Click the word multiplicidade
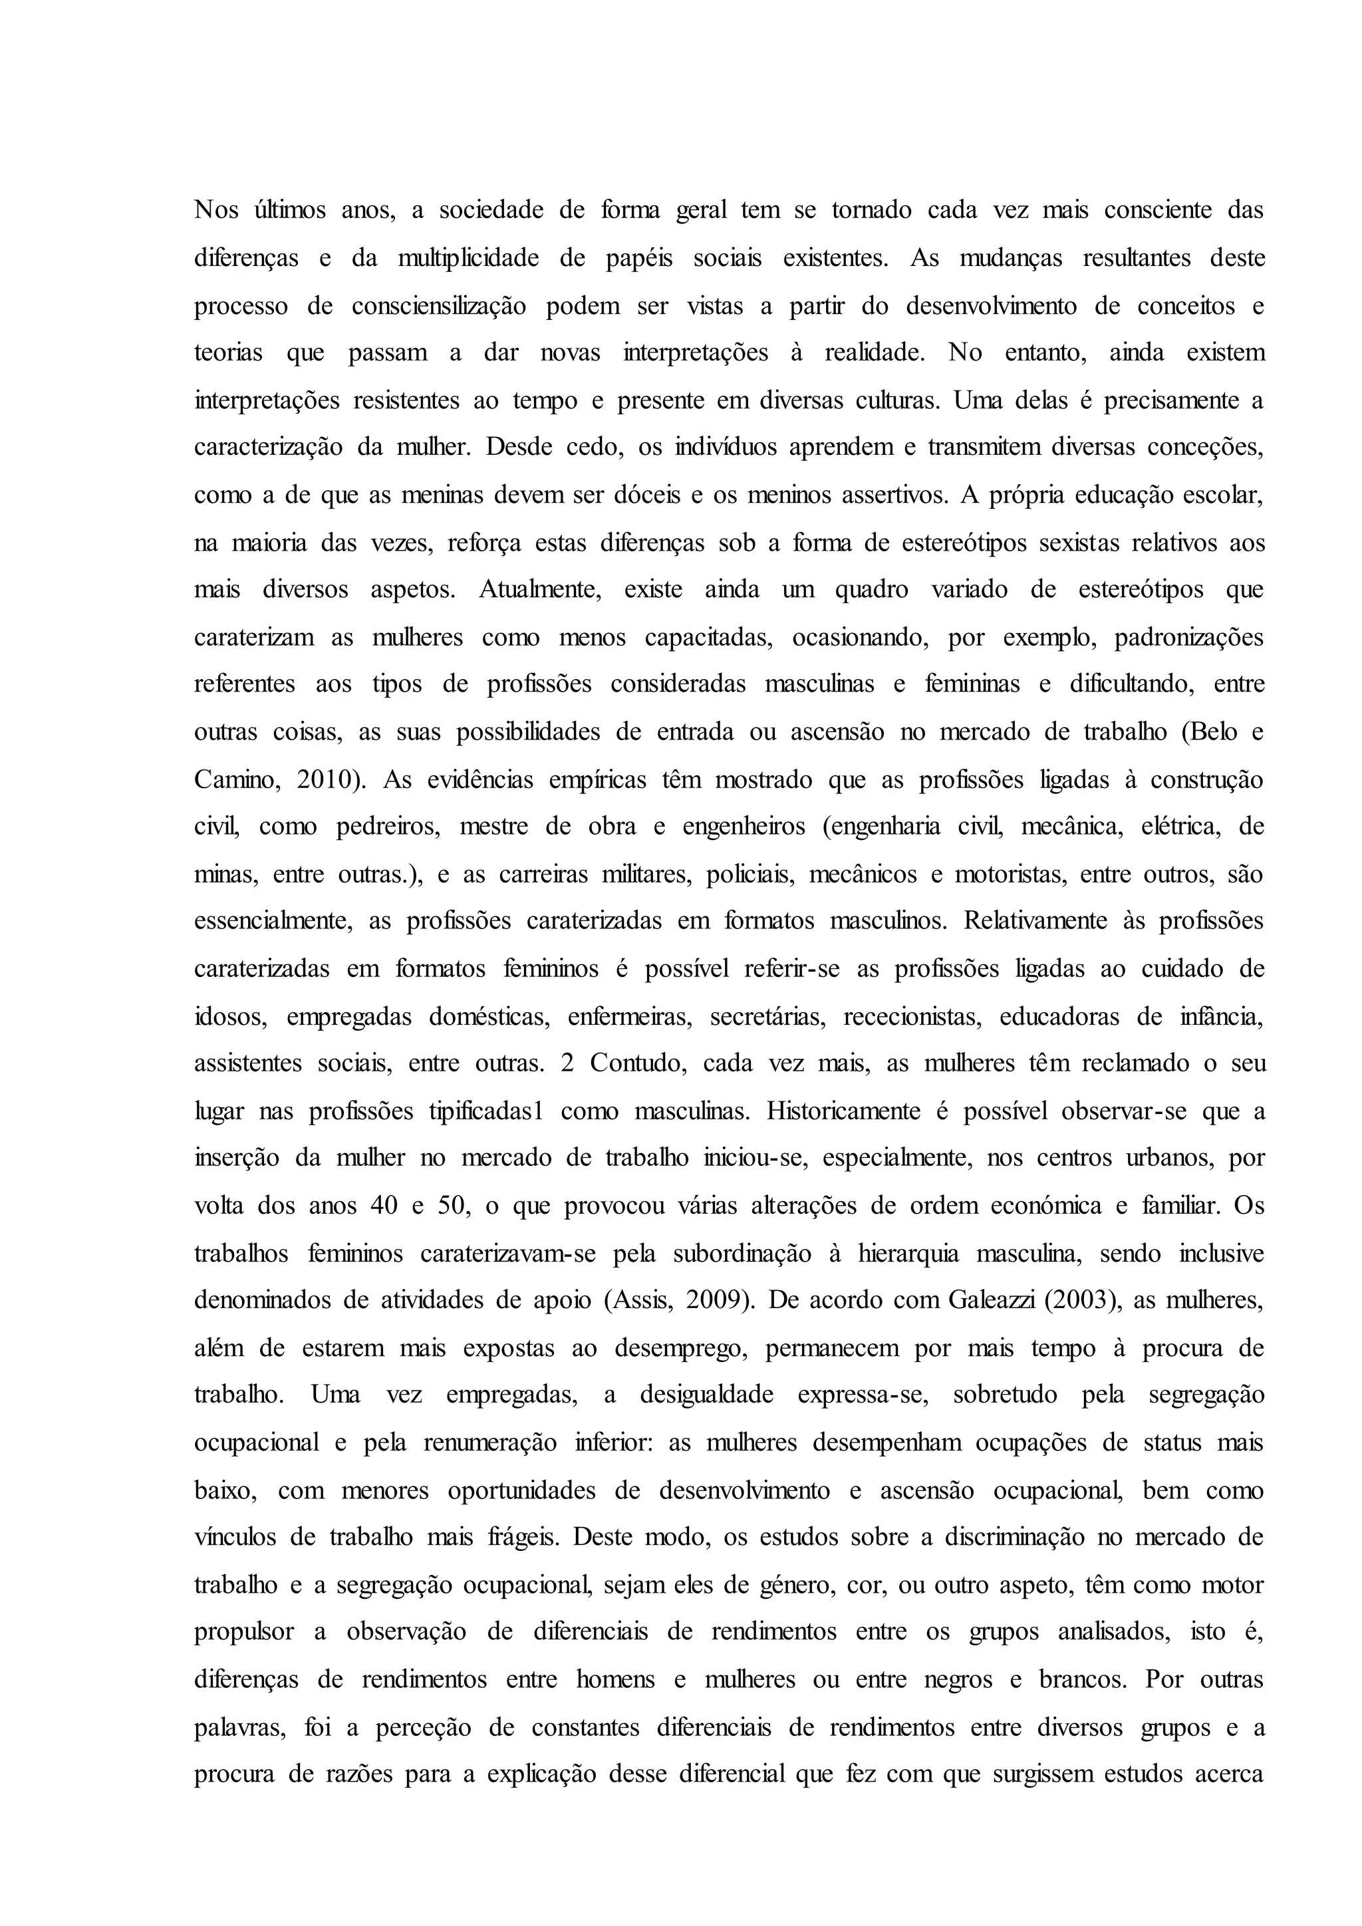pos(468,257)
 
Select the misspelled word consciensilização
pos(439,306)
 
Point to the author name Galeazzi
pos(993,1301)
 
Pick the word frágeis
pos(521,1538)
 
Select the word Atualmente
pos(541,590)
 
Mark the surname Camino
pos(235,780)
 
